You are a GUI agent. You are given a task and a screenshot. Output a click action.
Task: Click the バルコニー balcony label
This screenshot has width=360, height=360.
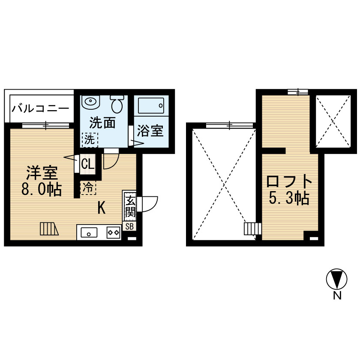[x=40, y=108]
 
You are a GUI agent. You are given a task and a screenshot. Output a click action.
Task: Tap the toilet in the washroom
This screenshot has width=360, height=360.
[x=117, y=104]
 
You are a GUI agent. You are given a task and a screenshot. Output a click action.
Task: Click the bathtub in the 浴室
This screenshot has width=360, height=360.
[x=151, y=105]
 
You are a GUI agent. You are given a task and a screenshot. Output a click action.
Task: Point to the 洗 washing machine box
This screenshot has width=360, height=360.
[x=90, y=140]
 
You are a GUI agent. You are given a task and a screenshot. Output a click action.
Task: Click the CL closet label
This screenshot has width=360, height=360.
[x=88, y=164]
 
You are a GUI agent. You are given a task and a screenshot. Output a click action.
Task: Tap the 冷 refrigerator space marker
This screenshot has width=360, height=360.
[x=88, y=188]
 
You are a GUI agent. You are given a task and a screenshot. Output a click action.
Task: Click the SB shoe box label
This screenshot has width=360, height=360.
[x=129, y=227]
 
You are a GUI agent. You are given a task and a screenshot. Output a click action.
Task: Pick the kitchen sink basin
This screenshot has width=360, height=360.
[x=89, y=232]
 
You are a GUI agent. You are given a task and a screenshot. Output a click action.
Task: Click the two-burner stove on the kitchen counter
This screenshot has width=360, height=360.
[x=114, y=232]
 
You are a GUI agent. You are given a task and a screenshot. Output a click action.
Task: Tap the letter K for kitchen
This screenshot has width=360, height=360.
[x=102, y=208]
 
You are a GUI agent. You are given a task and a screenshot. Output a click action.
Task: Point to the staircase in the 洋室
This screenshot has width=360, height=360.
[x=49, y=229]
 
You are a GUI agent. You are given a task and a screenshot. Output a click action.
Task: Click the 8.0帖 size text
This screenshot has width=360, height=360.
[x=42, y=189]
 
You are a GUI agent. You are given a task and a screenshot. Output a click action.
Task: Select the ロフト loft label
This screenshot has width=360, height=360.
[x=289, y=181]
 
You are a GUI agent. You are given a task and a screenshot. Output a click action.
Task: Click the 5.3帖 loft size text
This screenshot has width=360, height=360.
[x=289, y=198]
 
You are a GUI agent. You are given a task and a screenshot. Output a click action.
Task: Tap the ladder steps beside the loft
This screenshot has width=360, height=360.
[x=252, y=229]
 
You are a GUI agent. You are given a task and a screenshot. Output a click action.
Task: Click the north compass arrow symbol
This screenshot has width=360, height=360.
[x=336, y=279]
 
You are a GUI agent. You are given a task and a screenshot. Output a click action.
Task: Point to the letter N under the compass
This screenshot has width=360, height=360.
[x=337, y=296]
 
